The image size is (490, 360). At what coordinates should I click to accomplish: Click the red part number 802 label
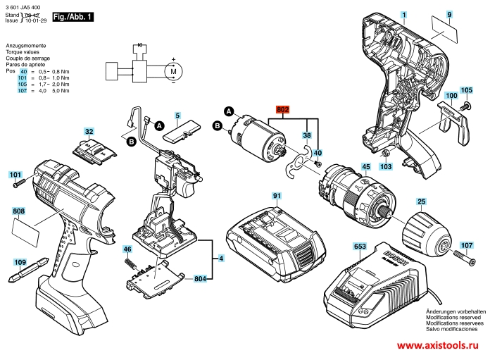pos(284,110)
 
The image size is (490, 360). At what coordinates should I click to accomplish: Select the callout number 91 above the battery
pos(277,195)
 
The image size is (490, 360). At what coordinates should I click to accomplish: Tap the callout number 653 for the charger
pos(359,247)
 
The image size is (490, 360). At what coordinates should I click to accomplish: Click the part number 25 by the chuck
pos(420,201)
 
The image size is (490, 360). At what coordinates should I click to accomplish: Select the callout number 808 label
pos(18,211)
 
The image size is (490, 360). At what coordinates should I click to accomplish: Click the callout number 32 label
pos(89,132)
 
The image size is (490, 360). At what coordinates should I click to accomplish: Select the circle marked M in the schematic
pos(172,70)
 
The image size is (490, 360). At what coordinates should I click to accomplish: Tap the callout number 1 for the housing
pos(405,14)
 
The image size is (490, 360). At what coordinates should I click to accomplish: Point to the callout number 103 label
pos(384,167)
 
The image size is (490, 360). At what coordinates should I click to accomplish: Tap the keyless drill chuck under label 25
pos(425,232)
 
